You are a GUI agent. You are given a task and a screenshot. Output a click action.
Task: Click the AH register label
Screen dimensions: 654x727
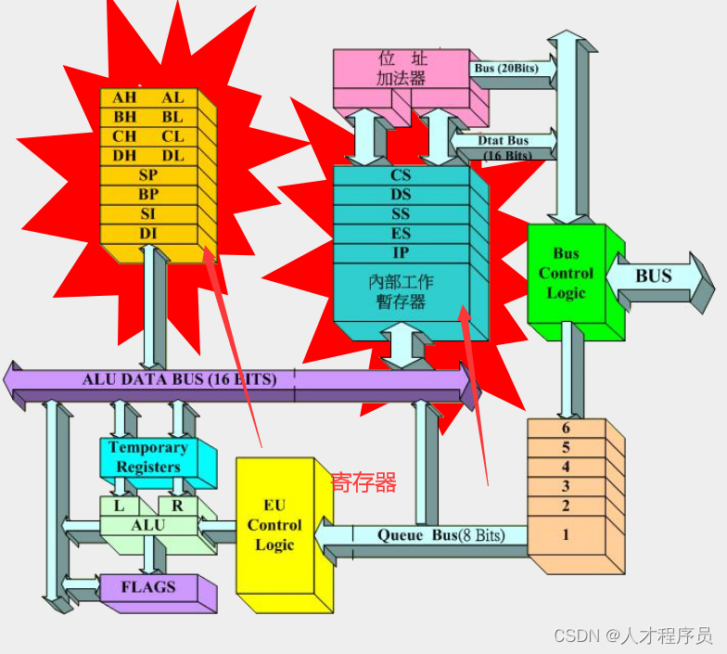coord(124,97)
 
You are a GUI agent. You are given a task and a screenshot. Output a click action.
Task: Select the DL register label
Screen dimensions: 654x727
coord(172,156)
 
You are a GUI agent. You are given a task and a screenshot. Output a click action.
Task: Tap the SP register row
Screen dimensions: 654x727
coord(148,175)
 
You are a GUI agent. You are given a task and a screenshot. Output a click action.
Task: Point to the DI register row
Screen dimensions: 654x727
coord(148,234)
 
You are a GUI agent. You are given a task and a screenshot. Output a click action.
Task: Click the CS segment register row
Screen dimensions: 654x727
coord(401,175)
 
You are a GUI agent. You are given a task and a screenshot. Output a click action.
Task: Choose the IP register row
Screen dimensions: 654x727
coord(401,253)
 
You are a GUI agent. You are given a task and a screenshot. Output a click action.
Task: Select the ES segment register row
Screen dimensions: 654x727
coord(401,234)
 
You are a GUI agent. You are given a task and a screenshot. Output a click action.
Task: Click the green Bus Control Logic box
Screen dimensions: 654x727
coord(566,274)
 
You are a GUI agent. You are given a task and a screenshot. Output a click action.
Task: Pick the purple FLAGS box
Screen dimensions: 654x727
coord(148,587)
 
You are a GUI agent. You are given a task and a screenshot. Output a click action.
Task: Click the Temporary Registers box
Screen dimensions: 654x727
coord(148,457)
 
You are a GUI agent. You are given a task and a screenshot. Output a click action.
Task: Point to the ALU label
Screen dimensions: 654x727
coord(148,525)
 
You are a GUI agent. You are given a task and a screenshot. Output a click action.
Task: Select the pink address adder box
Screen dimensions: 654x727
coord(401,70)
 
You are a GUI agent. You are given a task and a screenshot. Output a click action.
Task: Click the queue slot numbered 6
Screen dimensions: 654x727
coord(566,429)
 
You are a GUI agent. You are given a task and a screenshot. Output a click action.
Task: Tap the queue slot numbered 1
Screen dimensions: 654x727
coord(566,535)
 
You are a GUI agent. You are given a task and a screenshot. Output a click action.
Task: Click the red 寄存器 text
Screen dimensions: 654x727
coord(363,482)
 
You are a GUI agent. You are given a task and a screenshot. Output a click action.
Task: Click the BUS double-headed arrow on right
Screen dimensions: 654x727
coord(655,276)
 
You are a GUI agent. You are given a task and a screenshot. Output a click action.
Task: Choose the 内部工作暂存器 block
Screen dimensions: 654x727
coord(401,291)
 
